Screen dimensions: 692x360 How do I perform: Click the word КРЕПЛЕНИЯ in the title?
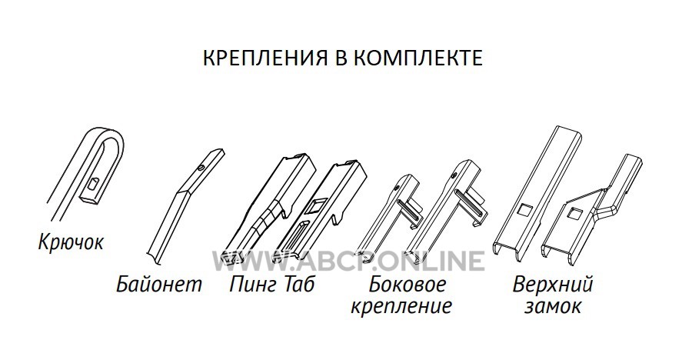264,58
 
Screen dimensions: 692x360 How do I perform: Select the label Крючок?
71,242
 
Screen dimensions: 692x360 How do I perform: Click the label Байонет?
159,284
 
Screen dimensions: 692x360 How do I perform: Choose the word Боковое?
407,284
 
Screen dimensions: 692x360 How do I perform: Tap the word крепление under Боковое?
401,305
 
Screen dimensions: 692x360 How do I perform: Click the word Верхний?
553,285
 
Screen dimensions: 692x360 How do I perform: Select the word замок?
553,306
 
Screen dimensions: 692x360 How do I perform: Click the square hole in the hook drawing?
94,185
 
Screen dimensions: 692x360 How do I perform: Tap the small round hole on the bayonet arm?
201,168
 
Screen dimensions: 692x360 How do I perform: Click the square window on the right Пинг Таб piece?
318,206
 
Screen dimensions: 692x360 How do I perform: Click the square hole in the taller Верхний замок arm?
526,210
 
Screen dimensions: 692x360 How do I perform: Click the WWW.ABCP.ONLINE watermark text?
348,261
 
